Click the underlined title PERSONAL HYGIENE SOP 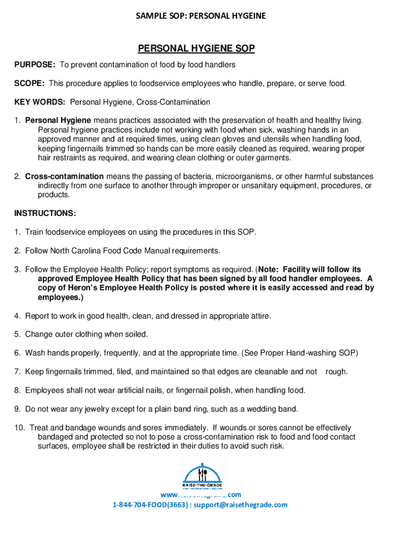tap(196, 48)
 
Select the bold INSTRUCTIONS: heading tap(45, 213)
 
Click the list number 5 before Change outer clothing tap(17, 334)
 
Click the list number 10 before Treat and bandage tap(19, 428)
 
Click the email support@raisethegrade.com tap(242, 505)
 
